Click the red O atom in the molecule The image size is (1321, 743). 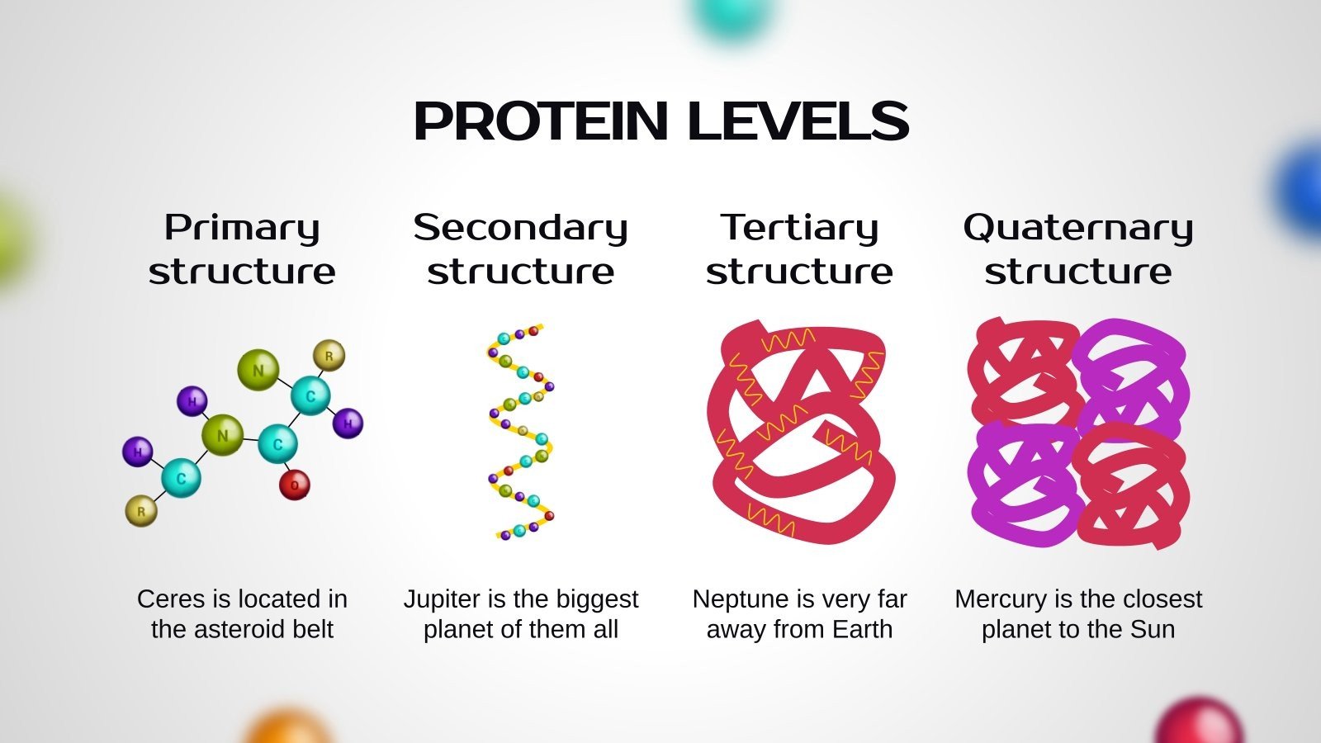pos(294,485)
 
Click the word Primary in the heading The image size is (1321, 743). pos(242,229)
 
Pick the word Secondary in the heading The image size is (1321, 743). pos(520,228)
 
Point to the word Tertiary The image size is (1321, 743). pos(799,229)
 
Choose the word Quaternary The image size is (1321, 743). pos(1078,229)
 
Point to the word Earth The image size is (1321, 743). pos(863,629)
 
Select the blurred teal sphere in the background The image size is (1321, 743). pos(732,17)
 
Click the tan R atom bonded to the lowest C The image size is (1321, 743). pos(141,511)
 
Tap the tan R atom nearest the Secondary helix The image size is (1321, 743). pos(329,356)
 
